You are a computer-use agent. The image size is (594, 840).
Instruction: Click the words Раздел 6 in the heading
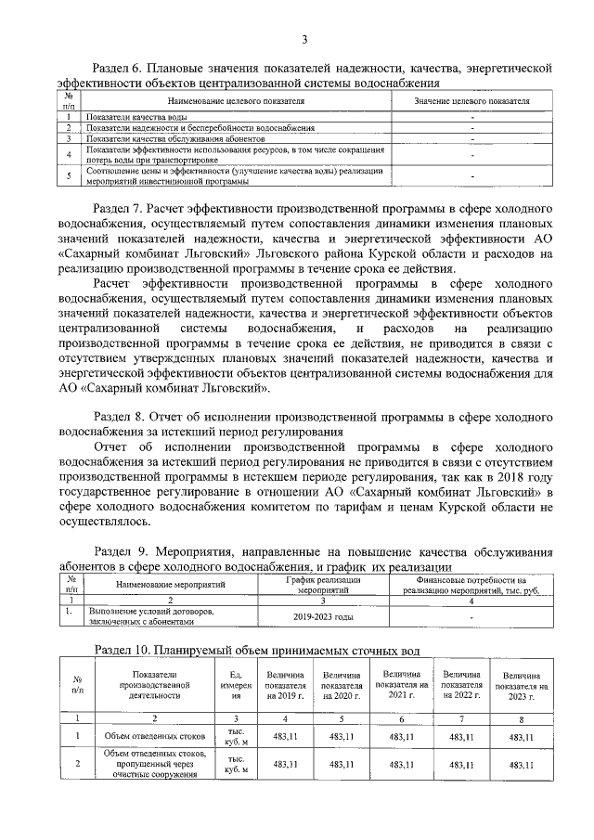click(x=123, y=68)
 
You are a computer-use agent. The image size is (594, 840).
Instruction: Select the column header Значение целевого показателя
click(x=471, y=100)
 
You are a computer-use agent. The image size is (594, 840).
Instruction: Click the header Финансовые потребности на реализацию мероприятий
click(x=472, y=584)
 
